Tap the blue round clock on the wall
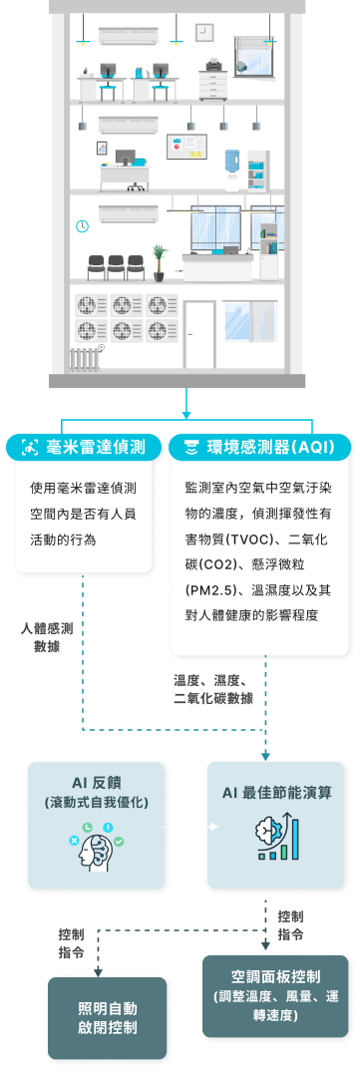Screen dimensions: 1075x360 coord(81,225)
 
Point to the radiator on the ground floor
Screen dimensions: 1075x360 coord(86,356)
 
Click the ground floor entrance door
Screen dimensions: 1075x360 coord(199,333)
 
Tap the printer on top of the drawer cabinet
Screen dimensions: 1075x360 coord(213,65)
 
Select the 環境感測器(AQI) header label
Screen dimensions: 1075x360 coord(273,447)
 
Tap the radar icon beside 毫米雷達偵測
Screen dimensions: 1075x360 coord(30,447)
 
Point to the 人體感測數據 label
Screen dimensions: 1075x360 coord(45,638)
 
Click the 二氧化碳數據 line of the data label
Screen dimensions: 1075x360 coord(212,699)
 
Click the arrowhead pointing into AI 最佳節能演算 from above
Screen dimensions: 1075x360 coord(266,754)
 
